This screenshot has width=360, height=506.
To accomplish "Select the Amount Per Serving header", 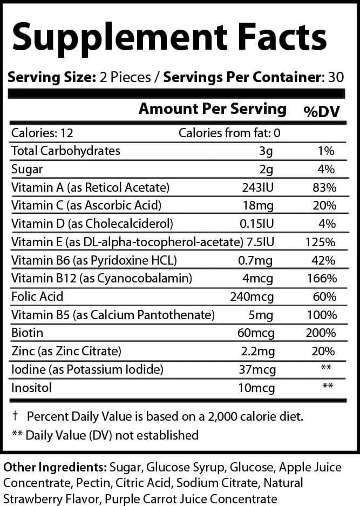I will tap(213, 109).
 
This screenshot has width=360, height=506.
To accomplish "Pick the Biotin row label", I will tap(27, 333).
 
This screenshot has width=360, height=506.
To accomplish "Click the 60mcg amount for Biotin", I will tap(256, 333).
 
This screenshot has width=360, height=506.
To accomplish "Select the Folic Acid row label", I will tap(37, 296).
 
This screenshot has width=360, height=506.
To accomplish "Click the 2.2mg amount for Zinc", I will tap(258, 351).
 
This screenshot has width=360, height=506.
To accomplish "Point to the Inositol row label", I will tap(31, 388).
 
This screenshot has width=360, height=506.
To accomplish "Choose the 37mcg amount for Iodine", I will tap(257, 369).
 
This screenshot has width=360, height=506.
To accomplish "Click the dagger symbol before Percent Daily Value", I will tap(15, 416).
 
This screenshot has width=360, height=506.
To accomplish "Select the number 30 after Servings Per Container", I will tap(336, 77).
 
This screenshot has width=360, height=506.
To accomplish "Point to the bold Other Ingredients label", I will tap(55, 467).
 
